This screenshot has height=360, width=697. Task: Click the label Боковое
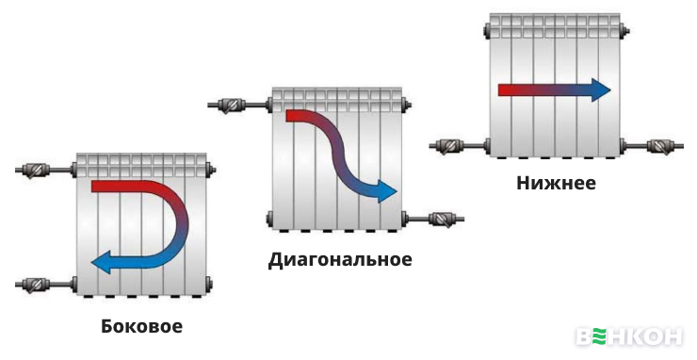(x=142, y=328)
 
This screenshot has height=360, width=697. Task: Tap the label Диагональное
(x=340, y=259)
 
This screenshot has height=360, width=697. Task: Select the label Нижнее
(x=556, y=183)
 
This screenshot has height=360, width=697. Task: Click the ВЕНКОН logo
(x=630, y=337)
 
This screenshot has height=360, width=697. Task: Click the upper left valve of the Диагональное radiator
(x=230, y=105)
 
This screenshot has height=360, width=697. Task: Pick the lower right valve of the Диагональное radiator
(x=443, y=219)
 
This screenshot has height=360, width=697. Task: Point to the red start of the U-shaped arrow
(x=98, y=187)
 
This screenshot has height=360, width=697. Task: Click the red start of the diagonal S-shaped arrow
(x=292, y=116)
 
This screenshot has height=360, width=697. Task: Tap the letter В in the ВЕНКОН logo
(x=585, y=337)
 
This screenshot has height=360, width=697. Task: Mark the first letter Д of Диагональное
(x=276, y=259)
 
